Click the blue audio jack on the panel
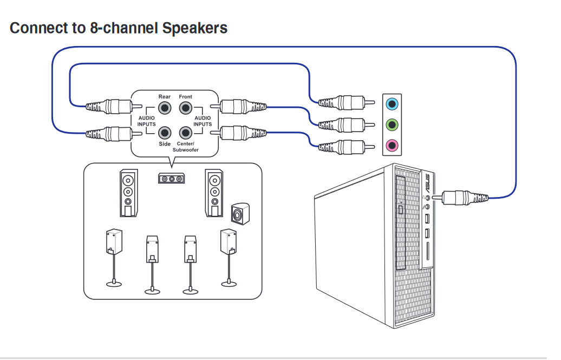(x=392, y=102)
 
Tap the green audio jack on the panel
(x=392, y=125)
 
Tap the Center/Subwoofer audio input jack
(x=186, y=132)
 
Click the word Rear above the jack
(x=165, y=97)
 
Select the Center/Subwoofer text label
(x=186, y=147)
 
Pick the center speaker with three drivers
(x=172, y=178)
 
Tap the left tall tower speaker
(x=128, y=193)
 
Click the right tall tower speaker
(x=214, y=193)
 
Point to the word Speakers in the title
(x=195, y=28)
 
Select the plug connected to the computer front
(x=460, y=197)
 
